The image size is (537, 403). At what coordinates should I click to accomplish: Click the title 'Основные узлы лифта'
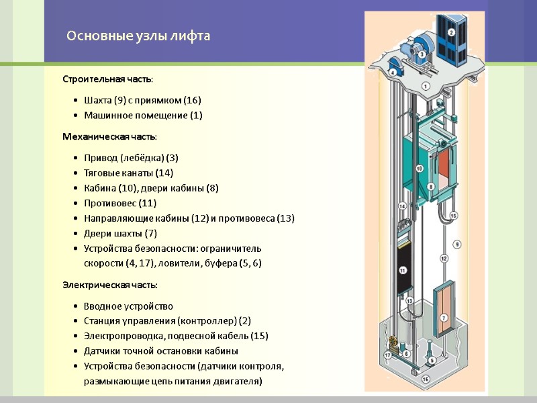tap(138, 36)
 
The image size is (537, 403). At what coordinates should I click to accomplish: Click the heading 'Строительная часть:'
tap(107, 79)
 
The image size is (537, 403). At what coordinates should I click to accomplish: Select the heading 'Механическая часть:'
tap(109, 136)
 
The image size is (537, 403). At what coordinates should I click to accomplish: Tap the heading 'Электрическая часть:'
tap(110, 284)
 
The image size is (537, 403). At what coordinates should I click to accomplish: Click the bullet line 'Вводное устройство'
tap(128, 306)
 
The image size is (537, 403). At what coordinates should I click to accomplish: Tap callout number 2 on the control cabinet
tap(451, 32)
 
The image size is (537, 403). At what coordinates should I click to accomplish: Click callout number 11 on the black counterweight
tap(403, 270)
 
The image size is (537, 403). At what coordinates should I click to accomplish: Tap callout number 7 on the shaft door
tap(443, 317)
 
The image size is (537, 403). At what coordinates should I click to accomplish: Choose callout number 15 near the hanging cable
tap(453, 216)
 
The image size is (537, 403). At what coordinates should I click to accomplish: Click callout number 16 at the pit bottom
tap(425, 379)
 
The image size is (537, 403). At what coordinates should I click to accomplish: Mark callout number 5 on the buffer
tap(431, 361)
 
